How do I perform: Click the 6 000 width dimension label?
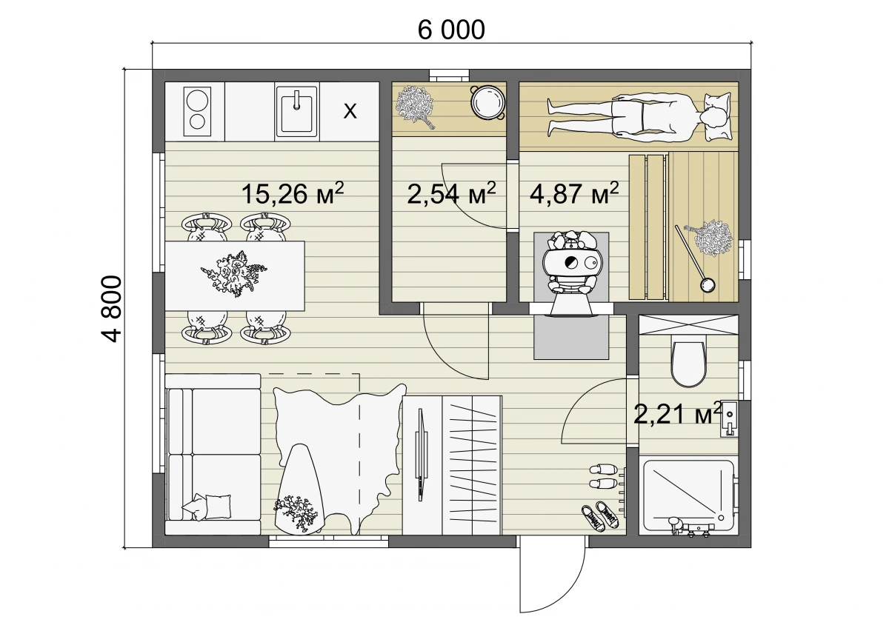pyautogui.click(x=451, y=30)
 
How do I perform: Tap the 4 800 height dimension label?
pyautogui.click(x=110, y=309)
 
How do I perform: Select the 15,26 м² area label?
pyautogui.click(x=293, y=193)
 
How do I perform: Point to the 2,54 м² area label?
pyautogui.click(x=451, y=193)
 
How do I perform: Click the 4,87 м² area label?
pyautogui.click(x=574, y=193)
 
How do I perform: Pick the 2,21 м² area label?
pyautogui.click(x=677, y=414)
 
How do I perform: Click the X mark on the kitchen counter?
pyautogui.click(x=350, y=112)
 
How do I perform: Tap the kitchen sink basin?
pyautogui.click(x=296, y=112)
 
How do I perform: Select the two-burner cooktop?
pyautogui.click(x=197, y=112)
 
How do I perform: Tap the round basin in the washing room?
pyautogui.click(x=487, y=102)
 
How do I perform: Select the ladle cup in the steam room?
pyautogui.click(x=707, y=286)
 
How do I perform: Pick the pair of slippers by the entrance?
pyautogui.click(x=604, y=477)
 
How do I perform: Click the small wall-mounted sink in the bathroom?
pyautogui.click(x=730, y=418)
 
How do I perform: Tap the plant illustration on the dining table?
pyautogui.click(x=233, y=274)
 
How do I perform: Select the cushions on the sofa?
pyautogui.click(x=207, y=507)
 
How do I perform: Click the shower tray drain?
pyautogui.click(x=721, y=518)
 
